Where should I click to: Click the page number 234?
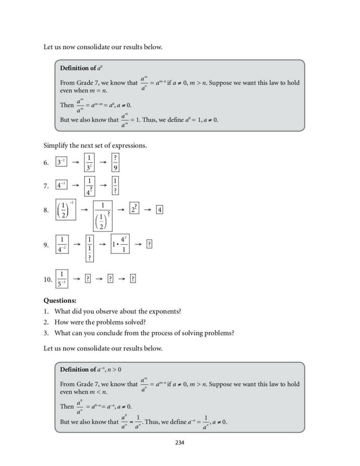pos(180,442)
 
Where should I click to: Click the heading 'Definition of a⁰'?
pos(80,68)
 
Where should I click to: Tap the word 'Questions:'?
pos(60,301)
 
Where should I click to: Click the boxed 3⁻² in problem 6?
pos(62,162)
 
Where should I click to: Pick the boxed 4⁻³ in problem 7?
pos(62,185)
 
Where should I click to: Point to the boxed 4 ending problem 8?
pos(160,210)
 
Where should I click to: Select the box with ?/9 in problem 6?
pos(115,162)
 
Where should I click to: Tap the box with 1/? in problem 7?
pos(115,185)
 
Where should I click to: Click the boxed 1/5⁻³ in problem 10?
pos(63,279)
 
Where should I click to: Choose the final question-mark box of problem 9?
pos(149,244)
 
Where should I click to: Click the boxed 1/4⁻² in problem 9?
pos(63,244)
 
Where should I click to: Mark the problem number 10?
pos(47,279)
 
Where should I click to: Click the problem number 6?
pos(46,163)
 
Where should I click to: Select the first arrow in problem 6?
pos(75,162)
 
